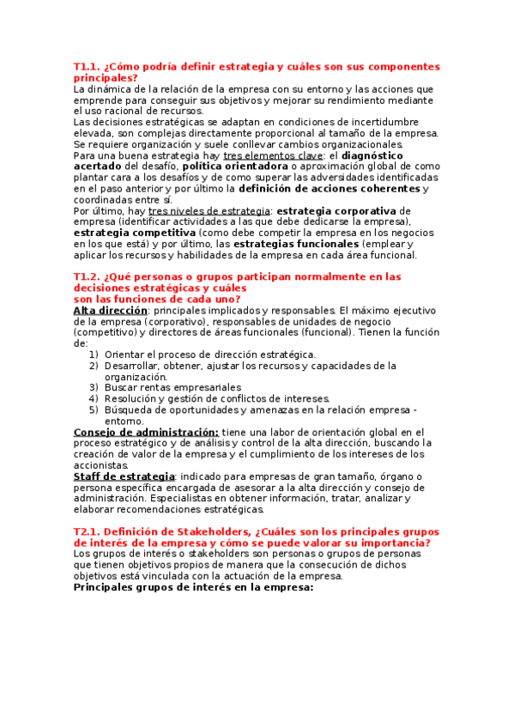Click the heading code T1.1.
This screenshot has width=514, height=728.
pyautogui.click(x=87, y=67)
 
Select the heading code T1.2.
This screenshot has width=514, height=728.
pyautogui.click(x=87, y=276)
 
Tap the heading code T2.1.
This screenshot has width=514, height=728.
pyautogui.click(x=87, y=532)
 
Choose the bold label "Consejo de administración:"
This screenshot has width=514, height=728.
pyautogui.click(x=146, y=432)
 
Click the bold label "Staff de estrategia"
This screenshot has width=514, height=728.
pyautogui.click(x=124, y=476)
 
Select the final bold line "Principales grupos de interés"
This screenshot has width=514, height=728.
pyautogui.click(x=193, y=588)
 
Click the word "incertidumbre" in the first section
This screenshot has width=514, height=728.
pyautogui.click(x=382, y=122)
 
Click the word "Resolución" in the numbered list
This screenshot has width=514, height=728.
pyautogui.click(x=132, y=398)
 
